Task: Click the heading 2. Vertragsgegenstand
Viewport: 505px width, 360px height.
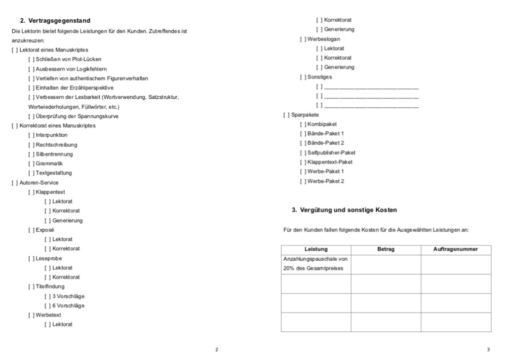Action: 55,20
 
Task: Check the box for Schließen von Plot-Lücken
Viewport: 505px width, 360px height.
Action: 31,59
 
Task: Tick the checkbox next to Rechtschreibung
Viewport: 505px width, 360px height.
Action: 31,145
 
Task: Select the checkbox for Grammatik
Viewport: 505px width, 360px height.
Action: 31,163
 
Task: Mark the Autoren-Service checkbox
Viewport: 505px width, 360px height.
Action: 14,183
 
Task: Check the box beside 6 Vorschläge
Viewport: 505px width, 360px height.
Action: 47,305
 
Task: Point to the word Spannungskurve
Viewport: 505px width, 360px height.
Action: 102,116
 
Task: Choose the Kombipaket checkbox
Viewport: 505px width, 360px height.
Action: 302,124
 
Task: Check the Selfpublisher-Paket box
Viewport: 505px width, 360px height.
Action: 302,153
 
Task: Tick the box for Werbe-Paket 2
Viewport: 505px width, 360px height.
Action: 302,181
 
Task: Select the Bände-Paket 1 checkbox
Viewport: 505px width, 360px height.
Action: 302,133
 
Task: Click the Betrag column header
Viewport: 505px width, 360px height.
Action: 386,249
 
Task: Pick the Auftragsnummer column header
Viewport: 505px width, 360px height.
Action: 456,249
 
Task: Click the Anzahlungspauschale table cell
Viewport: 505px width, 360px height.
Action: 315,264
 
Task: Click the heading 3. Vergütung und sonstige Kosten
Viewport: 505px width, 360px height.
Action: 344,210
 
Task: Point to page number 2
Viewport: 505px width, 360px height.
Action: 216,350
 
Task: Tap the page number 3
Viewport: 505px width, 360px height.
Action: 488,350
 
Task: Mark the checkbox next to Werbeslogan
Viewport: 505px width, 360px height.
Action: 302,39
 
